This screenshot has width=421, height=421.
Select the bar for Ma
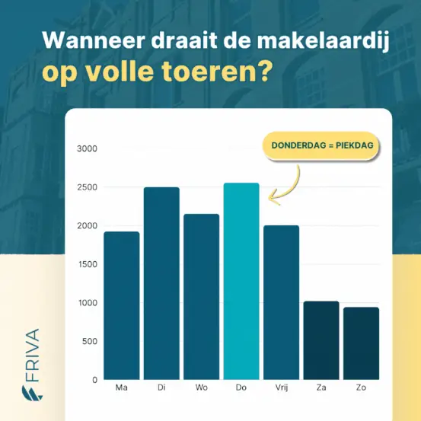(x=122, y=305)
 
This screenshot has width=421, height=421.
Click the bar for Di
(x=161, y=283)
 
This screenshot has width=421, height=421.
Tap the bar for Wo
(x=202, y=297)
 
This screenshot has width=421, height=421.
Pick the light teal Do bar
(x=241, y=281)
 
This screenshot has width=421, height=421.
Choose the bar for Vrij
(x=281, y=302)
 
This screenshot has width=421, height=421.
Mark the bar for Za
(x=321, y=340)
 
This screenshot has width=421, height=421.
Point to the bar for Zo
(x=361, y=343)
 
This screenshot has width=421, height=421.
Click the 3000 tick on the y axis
(x=87, y=148)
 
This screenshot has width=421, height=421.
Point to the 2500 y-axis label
(x=87, y=187)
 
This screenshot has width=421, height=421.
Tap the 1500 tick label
(x=88, y=264)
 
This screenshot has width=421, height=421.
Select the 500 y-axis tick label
(x=90, y=341)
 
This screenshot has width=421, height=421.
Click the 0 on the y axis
(x=94, y=380)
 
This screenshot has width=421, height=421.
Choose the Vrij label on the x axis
(x=282, y=388)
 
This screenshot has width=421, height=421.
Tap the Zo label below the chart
(x=361, y=388)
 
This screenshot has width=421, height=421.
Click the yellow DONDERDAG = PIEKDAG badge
(x=321, y=145)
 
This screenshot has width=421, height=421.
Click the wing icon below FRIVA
(x=32, y=393)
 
